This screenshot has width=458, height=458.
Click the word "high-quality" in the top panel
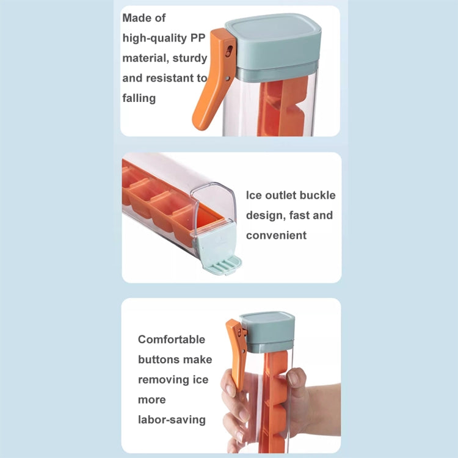[154, 38]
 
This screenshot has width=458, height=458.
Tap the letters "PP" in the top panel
[198, 38]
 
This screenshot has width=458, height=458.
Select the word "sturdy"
[189, 58]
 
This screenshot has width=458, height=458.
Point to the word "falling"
[139, 98]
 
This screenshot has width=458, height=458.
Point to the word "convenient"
[276, 235]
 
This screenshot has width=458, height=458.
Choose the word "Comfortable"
[172, 340]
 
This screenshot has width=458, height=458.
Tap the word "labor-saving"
[172, 420]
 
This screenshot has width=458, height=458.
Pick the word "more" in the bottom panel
[151, 400]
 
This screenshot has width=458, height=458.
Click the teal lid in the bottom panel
[267, 331]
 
